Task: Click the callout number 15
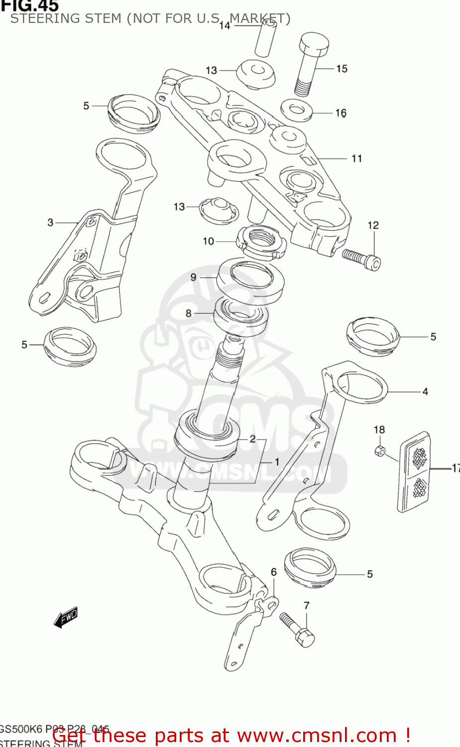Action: (342, 69)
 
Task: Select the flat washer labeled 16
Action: (296, 109)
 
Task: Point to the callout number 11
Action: (356, 158)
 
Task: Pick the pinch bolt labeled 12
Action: (361, 258)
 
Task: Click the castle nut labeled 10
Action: (261, 242)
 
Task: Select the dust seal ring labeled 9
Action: (251, 280)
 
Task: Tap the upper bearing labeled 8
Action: (241, 317)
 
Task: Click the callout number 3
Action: (50, 222)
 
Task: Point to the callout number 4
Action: (425, 392)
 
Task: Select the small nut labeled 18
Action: (379, 451)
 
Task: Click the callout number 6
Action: (273, 572)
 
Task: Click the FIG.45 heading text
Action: (30, 6)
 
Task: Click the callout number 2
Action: (252, 438)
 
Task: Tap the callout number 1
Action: (277, 462)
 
